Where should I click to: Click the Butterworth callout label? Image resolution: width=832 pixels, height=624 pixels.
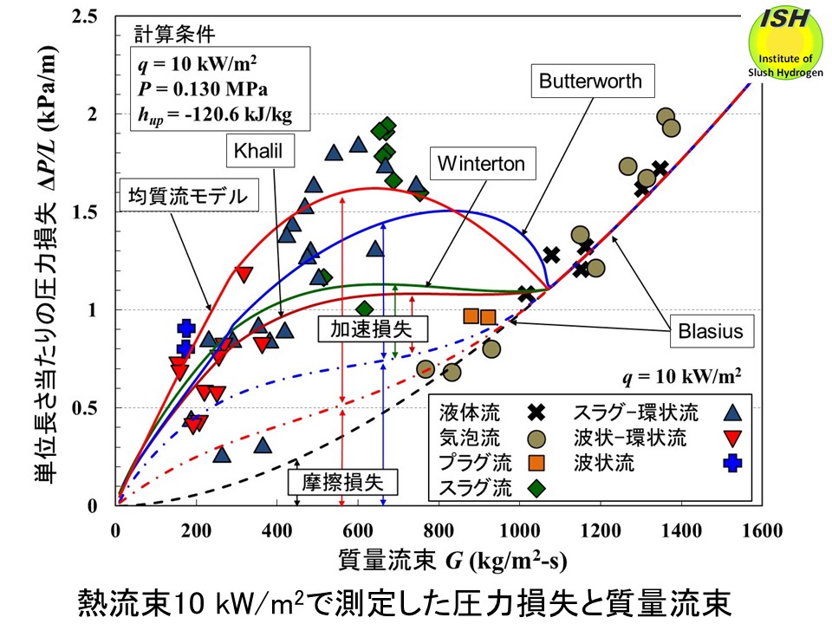pos(593,81)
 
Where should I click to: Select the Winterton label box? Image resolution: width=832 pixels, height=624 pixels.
pos(481,164)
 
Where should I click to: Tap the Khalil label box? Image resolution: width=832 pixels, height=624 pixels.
pos(260,151)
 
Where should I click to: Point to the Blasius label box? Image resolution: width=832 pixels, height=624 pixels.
pos(711,331)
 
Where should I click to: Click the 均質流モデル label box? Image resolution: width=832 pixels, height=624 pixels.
pos(189,195)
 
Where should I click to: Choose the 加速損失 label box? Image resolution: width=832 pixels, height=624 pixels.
pos(372,329)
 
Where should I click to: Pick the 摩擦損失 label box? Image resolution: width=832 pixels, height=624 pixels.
pos(343,483)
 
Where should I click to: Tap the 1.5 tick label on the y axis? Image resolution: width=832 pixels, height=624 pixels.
pos(84,212)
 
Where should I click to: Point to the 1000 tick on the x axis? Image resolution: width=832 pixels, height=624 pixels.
pos(520,530)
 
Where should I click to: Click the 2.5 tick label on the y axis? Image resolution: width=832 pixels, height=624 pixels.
pos(84,16)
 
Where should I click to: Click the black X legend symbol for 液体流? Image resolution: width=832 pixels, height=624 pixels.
pos(536,413)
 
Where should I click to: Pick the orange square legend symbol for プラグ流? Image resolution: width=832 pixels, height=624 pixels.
pos(536,463)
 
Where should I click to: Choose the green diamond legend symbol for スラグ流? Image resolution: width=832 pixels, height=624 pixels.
pos(536,488)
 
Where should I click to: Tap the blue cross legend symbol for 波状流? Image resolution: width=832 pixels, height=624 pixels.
pos(733,463)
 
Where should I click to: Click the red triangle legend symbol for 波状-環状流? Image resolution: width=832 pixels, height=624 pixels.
pos(733,439)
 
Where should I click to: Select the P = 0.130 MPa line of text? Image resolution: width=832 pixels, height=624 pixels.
pos(203,88)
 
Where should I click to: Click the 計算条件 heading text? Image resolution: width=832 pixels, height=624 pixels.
pos(174,35)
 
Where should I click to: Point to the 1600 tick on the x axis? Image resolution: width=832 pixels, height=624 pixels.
pos(762,530)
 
